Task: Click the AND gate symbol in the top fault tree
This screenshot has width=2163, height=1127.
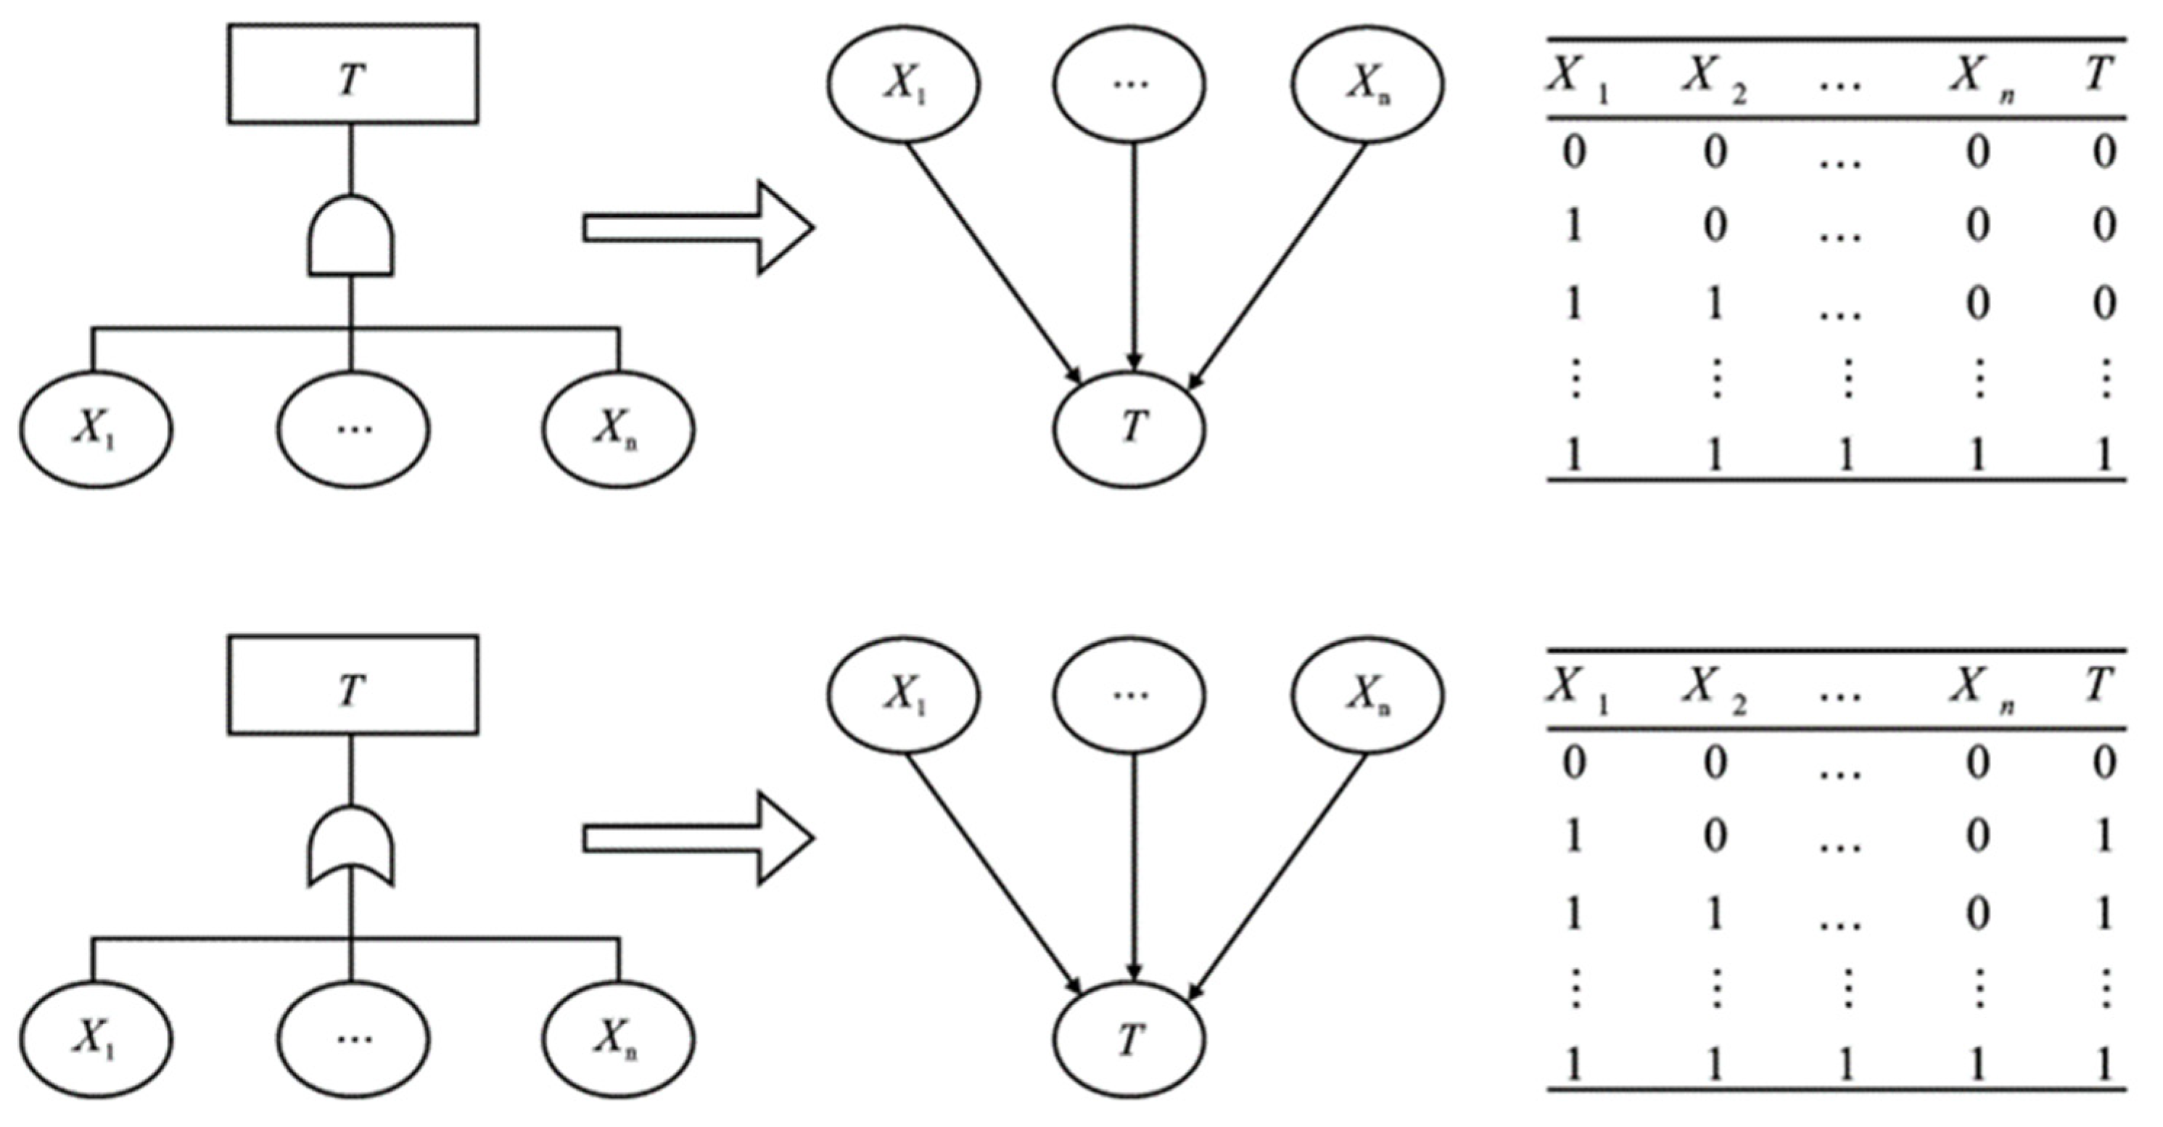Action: [x=351, y=236]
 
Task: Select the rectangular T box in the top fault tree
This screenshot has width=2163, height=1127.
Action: [x=353, y=74]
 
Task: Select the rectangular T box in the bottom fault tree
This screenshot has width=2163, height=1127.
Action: [x=353, y=685]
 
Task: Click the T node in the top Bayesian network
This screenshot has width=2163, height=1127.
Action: [x=1129, y=428]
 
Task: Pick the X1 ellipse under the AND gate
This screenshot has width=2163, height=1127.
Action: [x=96, y=429]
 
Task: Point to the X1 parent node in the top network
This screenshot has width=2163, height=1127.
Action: [x=904, y=85]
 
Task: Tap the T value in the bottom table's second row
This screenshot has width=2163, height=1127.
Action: [x=2103, y=837]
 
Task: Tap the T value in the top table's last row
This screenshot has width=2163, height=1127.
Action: [x=2103, y=456]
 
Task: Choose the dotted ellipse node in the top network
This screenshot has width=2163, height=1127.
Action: [x=1129, y=85]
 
